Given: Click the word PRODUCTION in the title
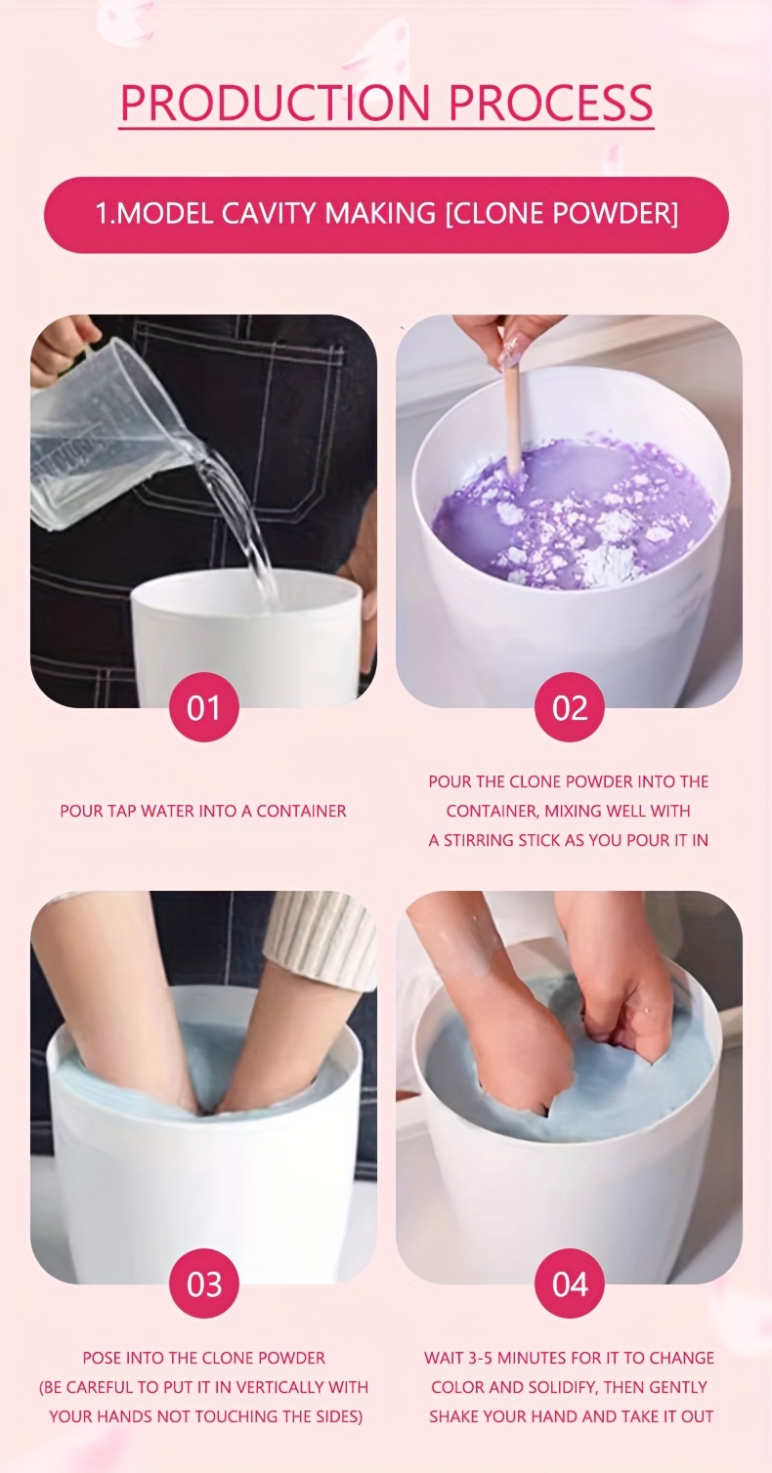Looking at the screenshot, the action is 276,102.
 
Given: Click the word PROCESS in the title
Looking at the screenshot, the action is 551,102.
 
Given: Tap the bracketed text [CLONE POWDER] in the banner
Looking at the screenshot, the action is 561,214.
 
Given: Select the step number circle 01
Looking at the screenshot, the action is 203,707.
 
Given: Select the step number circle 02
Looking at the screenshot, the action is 570,707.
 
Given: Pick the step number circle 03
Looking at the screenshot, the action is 203,1284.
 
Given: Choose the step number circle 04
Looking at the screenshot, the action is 570,1284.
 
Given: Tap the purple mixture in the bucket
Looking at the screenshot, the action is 572,512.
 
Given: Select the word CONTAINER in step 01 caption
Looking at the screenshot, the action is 301,811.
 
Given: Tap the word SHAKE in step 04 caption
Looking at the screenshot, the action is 451,1415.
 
